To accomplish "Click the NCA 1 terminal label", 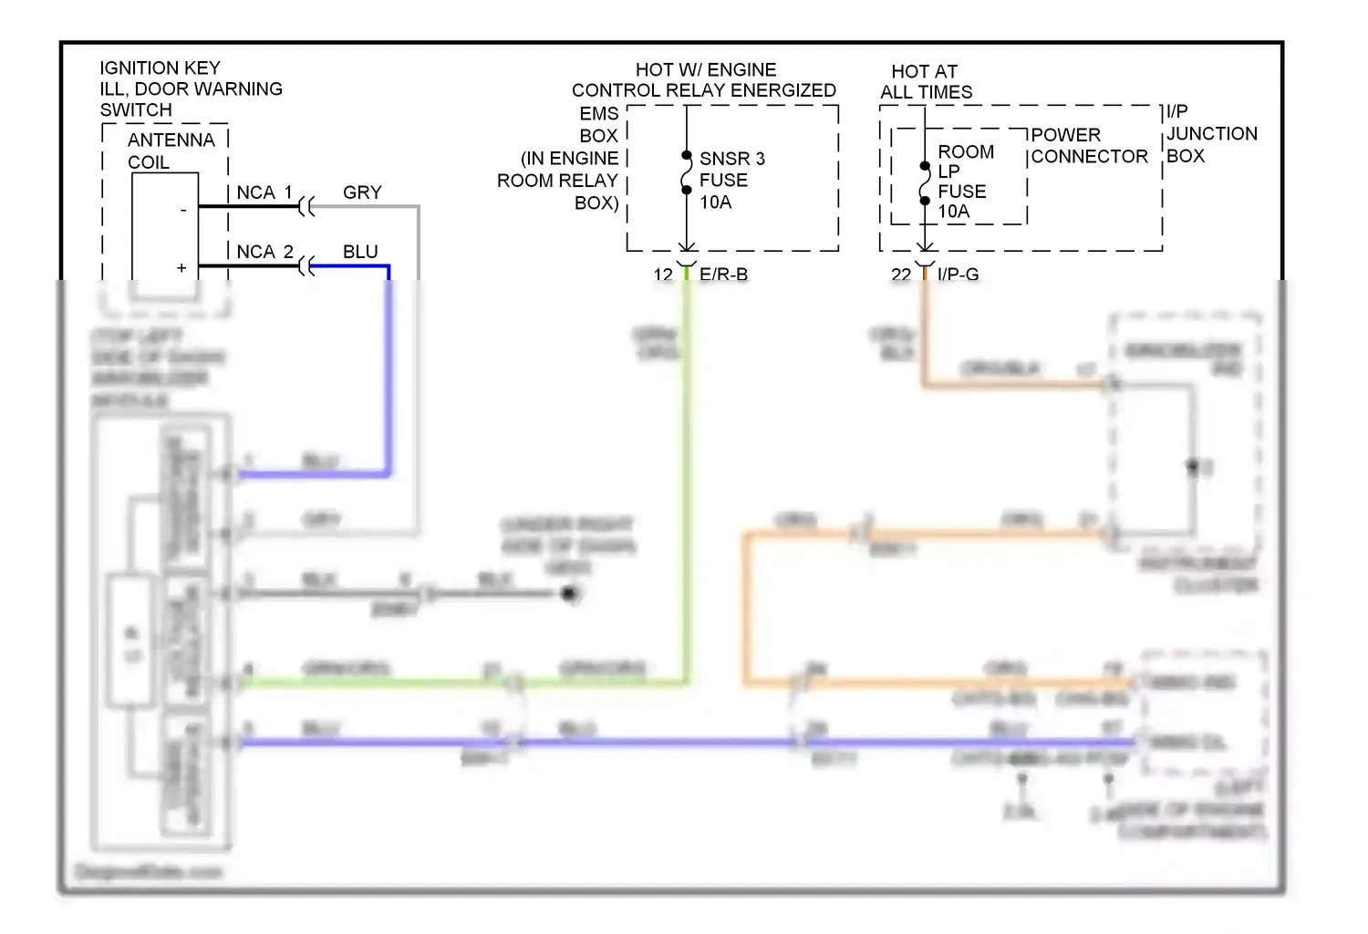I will coord(264,192).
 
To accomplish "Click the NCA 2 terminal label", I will coord(264,252).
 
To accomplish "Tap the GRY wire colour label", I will coord(362,192).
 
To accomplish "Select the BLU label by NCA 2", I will coord(360,252).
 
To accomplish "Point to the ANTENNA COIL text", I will coord(171,150).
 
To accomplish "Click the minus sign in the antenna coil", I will coord(183,211).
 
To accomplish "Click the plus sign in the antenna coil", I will coord(181,268).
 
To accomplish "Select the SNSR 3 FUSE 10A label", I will coord(731,181).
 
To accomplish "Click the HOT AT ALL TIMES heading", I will coord(926,82).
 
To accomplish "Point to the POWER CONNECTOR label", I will coord(1088,146).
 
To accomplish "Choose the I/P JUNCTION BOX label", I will coord(1211,134).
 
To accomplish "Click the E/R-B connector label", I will coord(723,275).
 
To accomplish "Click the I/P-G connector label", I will coord(958,275).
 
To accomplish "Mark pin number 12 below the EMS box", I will coord(663,275).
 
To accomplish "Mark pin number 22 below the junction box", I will coord(901,275).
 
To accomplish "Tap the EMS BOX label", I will coord(598,125).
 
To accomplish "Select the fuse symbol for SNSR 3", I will coord(687,173).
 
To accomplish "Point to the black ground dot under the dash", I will coord(570,594).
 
